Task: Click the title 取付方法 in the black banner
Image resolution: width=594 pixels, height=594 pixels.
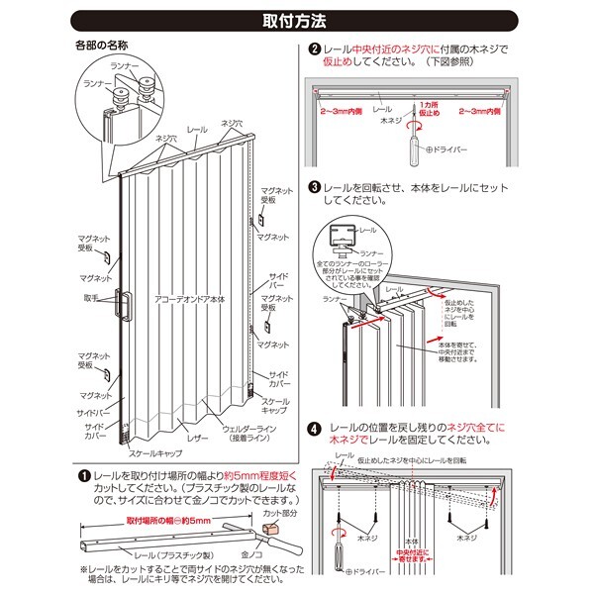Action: click(x=296, y=19)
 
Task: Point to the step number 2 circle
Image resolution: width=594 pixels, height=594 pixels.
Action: click(x=314, y=49)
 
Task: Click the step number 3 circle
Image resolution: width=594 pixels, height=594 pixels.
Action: click(x=314, y=186)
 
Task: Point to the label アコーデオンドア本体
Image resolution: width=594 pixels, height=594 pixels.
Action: click(x=184, y=297)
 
